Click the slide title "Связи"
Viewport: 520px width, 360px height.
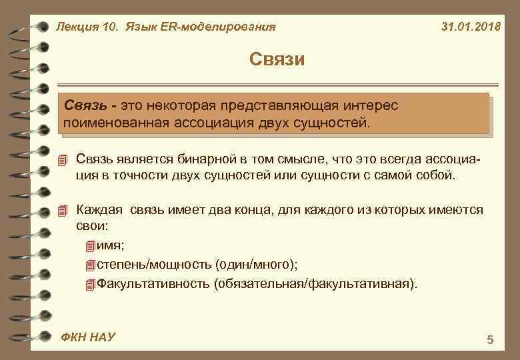tap(277, 60)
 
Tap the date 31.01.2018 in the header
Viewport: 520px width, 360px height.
tap(471, 27)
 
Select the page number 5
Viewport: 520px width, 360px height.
tap(490, 340)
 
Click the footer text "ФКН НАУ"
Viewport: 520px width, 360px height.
tap(87, 337)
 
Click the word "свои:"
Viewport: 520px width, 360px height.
tap(94, 226)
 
